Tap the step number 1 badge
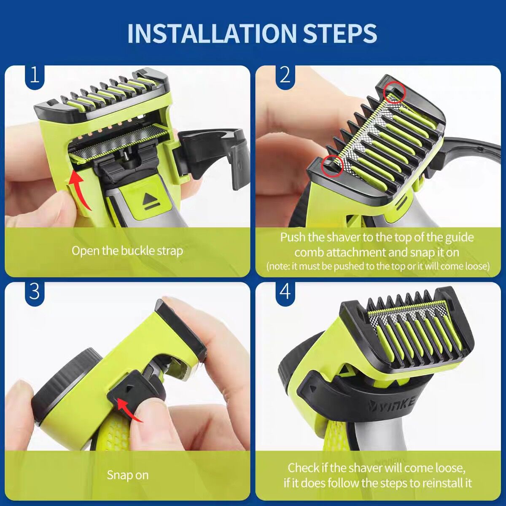coord(35,75)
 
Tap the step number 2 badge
coord(285,75)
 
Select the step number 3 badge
coord(35,291)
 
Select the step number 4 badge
coord(285,291)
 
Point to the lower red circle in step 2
coord(332,165)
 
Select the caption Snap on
coord(127,475)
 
